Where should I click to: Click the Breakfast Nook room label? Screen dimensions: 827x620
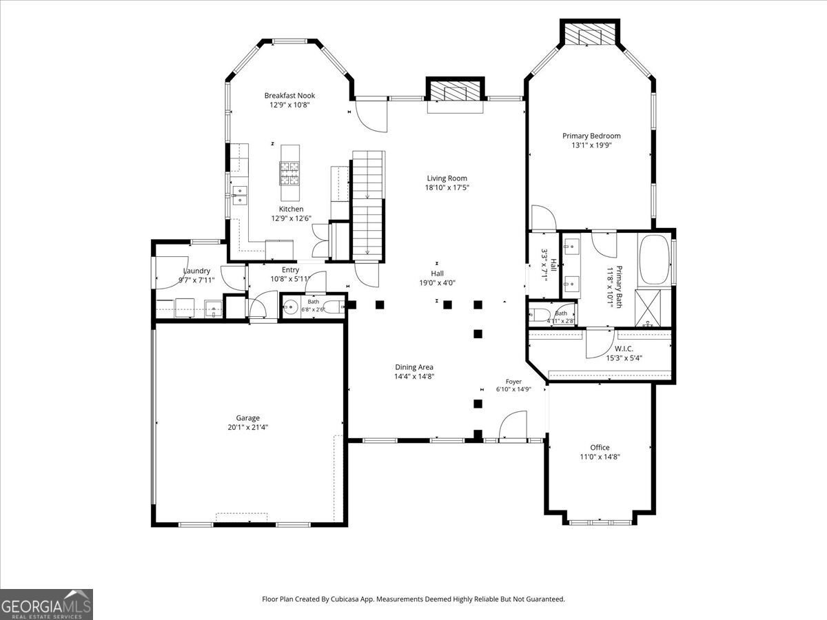click(x=289, y=96)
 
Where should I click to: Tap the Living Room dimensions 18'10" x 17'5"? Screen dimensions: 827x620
click(x=447, y=187)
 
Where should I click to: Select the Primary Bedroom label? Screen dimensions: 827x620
click(x=591, y=136)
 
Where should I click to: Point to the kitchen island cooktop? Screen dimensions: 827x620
click(x=289, y=174)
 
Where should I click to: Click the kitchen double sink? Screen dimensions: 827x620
click(x=240, y=195)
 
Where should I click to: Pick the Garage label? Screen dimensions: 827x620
click(x=247, y=418)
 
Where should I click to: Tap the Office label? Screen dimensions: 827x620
click(x=600, y=447)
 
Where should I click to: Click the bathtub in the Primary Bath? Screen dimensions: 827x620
click(x=655, y=260)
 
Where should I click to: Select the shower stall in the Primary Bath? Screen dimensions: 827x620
click(x=648, y=308)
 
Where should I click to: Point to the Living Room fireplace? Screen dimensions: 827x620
click(x=455, y=90)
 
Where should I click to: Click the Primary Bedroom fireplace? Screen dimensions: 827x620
click(x=590, y=32)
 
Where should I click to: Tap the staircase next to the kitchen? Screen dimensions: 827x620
click(x=368, y=205)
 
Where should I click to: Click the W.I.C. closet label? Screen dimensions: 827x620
click(x=624, y=349)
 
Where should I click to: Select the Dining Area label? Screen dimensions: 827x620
click(x=414, y=367)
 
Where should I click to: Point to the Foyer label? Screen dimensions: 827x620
click(x=513, y=382)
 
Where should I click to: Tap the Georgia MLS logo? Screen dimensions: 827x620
click(x=46, y=604)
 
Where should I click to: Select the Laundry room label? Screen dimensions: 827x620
click(x=196, y=271)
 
